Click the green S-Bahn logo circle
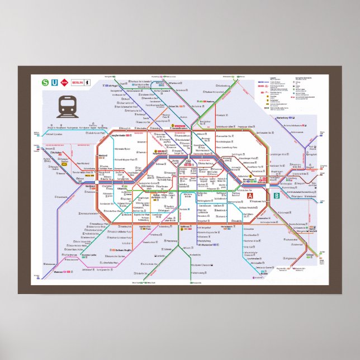(45, 82)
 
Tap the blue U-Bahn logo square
(54, 82)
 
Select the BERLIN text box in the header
(77, 83)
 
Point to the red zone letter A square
(250, 196)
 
